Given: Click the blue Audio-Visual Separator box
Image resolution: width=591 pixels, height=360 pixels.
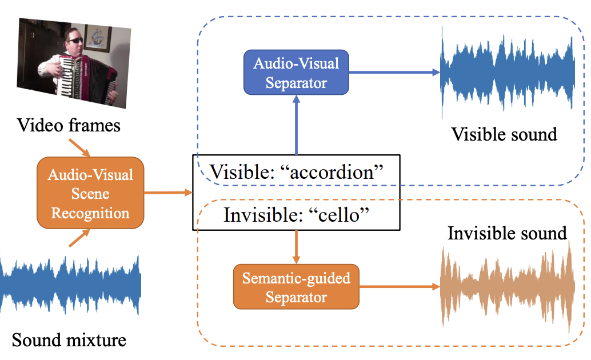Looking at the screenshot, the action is tap(296, 73).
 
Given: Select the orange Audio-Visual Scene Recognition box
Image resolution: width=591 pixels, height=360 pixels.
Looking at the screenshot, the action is tap(90, 193).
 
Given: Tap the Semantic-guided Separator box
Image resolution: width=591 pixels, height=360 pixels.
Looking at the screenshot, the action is tap(296, 287).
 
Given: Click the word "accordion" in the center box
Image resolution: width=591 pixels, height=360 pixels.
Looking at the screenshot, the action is tap(332, 173).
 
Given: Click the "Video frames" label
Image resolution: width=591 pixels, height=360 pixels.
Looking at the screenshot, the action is tap(69, 125).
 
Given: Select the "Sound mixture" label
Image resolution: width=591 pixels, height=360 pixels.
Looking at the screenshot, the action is tap(69, 340).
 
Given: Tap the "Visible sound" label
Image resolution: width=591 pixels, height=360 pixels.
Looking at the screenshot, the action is tap(504, 135).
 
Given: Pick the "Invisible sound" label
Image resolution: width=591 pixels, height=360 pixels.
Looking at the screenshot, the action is tap(508, 233).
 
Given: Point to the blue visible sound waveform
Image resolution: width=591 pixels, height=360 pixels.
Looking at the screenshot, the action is tap(508, 73).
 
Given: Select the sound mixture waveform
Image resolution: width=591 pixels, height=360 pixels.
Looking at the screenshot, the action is tap(70, 285).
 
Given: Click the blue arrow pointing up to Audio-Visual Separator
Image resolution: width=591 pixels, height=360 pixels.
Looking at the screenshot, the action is tap(296, 125).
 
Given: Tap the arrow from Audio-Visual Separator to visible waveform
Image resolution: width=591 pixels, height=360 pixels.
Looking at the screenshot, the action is tap(394, 72).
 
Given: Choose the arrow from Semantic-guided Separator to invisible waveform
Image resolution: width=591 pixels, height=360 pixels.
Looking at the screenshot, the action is tap(400, 287).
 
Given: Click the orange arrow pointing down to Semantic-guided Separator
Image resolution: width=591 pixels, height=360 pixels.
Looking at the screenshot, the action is tap(296, 247).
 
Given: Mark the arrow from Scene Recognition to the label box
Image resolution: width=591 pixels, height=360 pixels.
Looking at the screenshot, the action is tap(169, 193).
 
